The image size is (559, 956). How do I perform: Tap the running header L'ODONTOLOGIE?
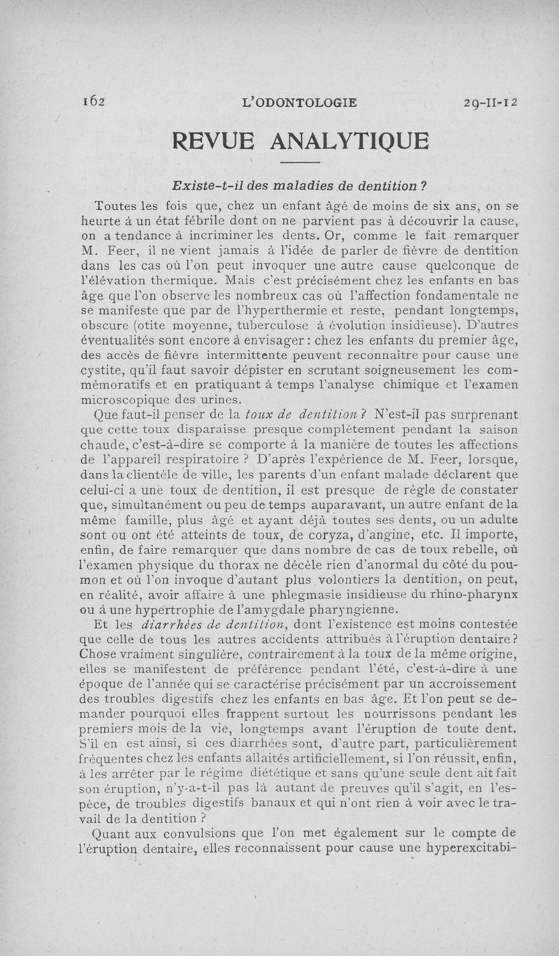298,103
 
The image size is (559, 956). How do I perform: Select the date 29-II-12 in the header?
490,103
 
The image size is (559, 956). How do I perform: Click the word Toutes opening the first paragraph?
115,207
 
